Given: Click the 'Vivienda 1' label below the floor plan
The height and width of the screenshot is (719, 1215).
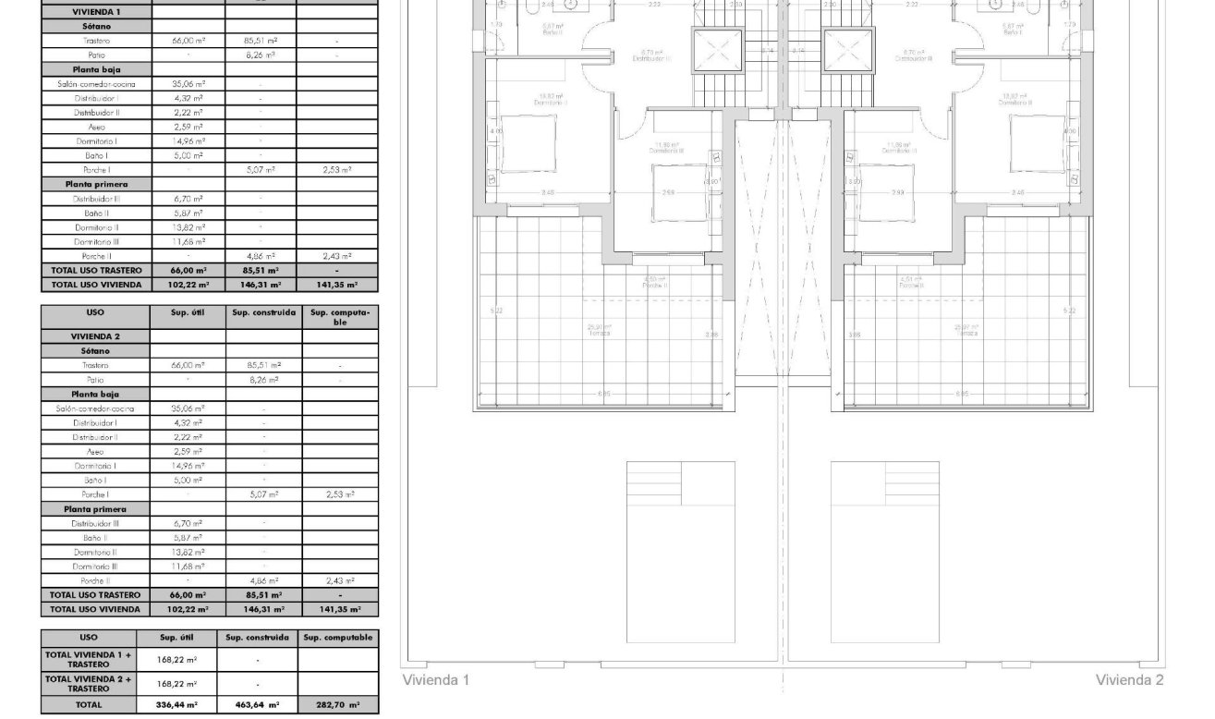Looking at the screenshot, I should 436,680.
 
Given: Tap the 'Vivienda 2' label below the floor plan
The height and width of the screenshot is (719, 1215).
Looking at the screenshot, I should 1129,680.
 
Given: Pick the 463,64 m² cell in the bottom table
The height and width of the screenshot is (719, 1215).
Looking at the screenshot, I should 258,704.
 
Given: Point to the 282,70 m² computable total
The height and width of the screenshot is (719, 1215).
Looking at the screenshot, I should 338,704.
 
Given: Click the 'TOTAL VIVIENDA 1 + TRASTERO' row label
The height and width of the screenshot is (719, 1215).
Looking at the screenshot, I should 89,659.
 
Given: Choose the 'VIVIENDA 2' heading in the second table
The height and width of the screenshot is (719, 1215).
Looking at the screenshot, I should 95,336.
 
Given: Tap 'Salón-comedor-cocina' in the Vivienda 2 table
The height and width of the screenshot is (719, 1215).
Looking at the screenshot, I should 95,408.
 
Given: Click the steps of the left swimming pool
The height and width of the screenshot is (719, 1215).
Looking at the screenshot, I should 654,483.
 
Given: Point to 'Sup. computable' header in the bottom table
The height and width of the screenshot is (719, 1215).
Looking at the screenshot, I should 338,638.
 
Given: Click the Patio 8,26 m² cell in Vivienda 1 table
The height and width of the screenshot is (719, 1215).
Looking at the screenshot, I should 261,55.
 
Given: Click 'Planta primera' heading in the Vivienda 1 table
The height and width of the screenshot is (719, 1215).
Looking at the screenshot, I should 95,185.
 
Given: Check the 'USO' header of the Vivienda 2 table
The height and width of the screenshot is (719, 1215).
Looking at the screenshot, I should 95,313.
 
